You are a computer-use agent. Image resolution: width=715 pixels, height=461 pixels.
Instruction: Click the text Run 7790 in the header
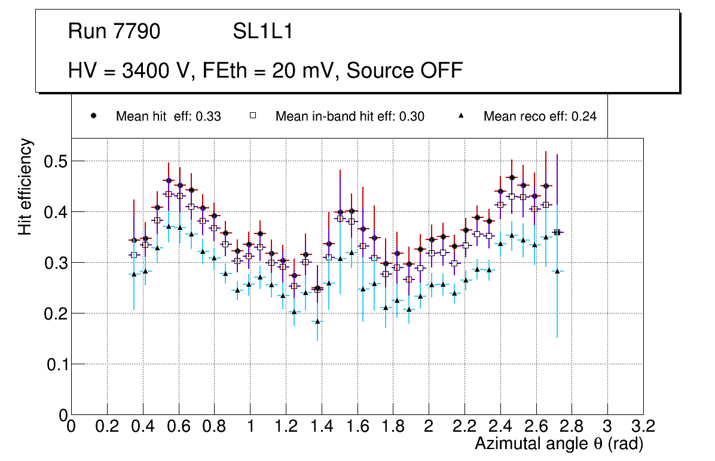click(114, 32)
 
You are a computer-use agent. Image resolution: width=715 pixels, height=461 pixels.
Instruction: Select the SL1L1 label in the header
click(262, 32)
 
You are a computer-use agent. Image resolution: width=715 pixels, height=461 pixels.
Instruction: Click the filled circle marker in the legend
click(94, 116)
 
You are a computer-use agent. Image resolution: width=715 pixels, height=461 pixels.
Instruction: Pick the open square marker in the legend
click(253, 116)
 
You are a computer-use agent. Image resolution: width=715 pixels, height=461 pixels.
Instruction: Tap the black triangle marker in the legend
click(461, 116)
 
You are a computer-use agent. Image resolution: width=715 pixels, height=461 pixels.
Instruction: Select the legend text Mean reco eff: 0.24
click(539, 117)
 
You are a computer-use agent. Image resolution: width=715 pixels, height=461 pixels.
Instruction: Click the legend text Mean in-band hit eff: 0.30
click(350, 117)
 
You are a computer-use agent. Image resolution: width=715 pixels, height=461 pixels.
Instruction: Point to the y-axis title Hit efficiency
click(25, 187)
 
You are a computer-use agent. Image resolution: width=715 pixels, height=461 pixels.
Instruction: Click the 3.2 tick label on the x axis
click(643, 426)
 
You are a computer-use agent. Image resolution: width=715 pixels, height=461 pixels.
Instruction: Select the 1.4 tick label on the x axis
click(322, 426)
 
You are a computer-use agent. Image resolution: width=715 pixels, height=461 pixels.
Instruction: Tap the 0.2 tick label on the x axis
click(107, 426)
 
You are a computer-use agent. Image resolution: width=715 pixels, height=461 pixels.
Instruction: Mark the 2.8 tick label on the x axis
click(572, 426)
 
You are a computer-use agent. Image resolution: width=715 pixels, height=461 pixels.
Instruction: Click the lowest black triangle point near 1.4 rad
click(318, 321)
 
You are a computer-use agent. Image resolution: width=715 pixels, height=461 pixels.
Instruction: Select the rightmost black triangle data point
click(557, 271)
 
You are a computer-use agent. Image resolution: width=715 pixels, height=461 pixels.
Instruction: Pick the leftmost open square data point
click(134, 255)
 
